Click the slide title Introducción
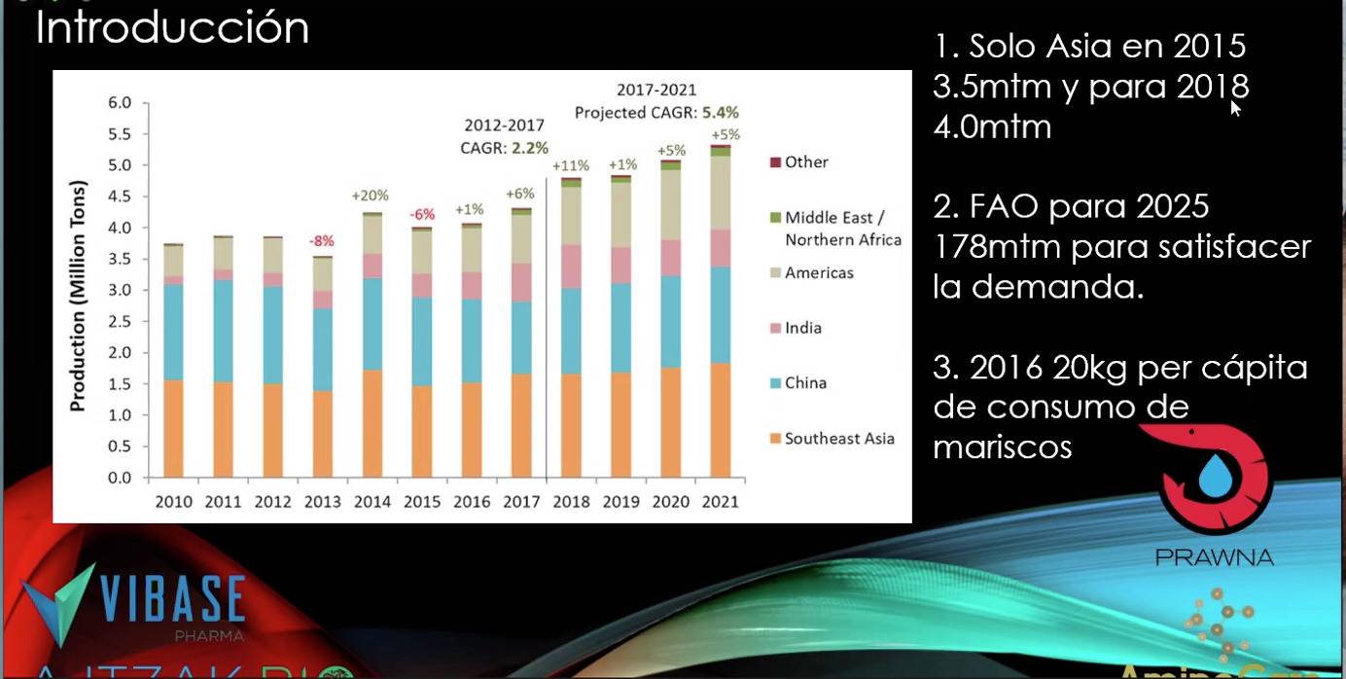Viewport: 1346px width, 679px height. [x=172, y=27]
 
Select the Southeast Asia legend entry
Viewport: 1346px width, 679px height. [x=838, y=439]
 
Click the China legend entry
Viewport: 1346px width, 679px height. [x=805, y=383]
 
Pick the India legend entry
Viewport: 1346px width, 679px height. [x=803, y=328]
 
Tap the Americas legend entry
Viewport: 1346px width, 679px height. [x=819, y=272]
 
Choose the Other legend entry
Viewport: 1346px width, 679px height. [x=806, y=161]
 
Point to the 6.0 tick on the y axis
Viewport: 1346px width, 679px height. [x=119, y=102]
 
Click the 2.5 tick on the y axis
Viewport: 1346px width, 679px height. [x=119, y=321]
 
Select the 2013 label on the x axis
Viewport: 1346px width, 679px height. [x=323, y=502]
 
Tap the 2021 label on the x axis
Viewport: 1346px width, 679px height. [x=719, y=502]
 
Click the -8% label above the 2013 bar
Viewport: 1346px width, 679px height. [x=322, y=240]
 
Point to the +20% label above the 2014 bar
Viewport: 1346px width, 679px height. [x=371, y=196]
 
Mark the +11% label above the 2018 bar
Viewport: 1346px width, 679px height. [x=571, y=165]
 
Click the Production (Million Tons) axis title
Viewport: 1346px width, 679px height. [x=79, y=296]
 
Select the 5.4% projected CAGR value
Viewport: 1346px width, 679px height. [x=720, y=112]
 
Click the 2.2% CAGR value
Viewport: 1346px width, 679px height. [x=530, y=148]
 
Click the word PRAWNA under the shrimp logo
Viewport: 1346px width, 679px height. [x=1214, y=557]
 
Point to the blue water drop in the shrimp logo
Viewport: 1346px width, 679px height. [x=1214, y=478]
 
